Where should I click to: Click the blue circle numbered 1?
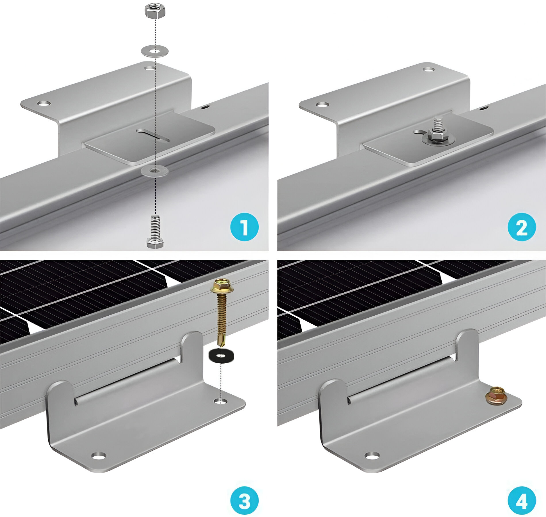pyautogui.click(x=245, y=227)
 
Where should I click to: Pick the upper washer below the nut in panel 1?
pyautogui.click(x=155, y=51)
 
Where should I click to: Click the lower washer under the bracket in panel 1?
pyautogui.click(x=155, y=171)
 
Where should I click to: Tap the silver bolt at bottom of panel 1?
pyautogui.click(x=155, y=231)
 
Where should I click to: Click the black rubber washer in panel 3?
pyautogui.click(x=221, y=356)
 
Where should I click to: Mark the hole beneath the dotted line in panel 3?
pyautogui.click(x=221, y=400)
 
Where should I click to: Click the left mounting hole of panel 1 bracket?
pyautogui.click(x=44, y=103)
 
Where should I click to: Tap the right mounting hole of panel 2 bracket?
pyautogui.click(x=429, y=70)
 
